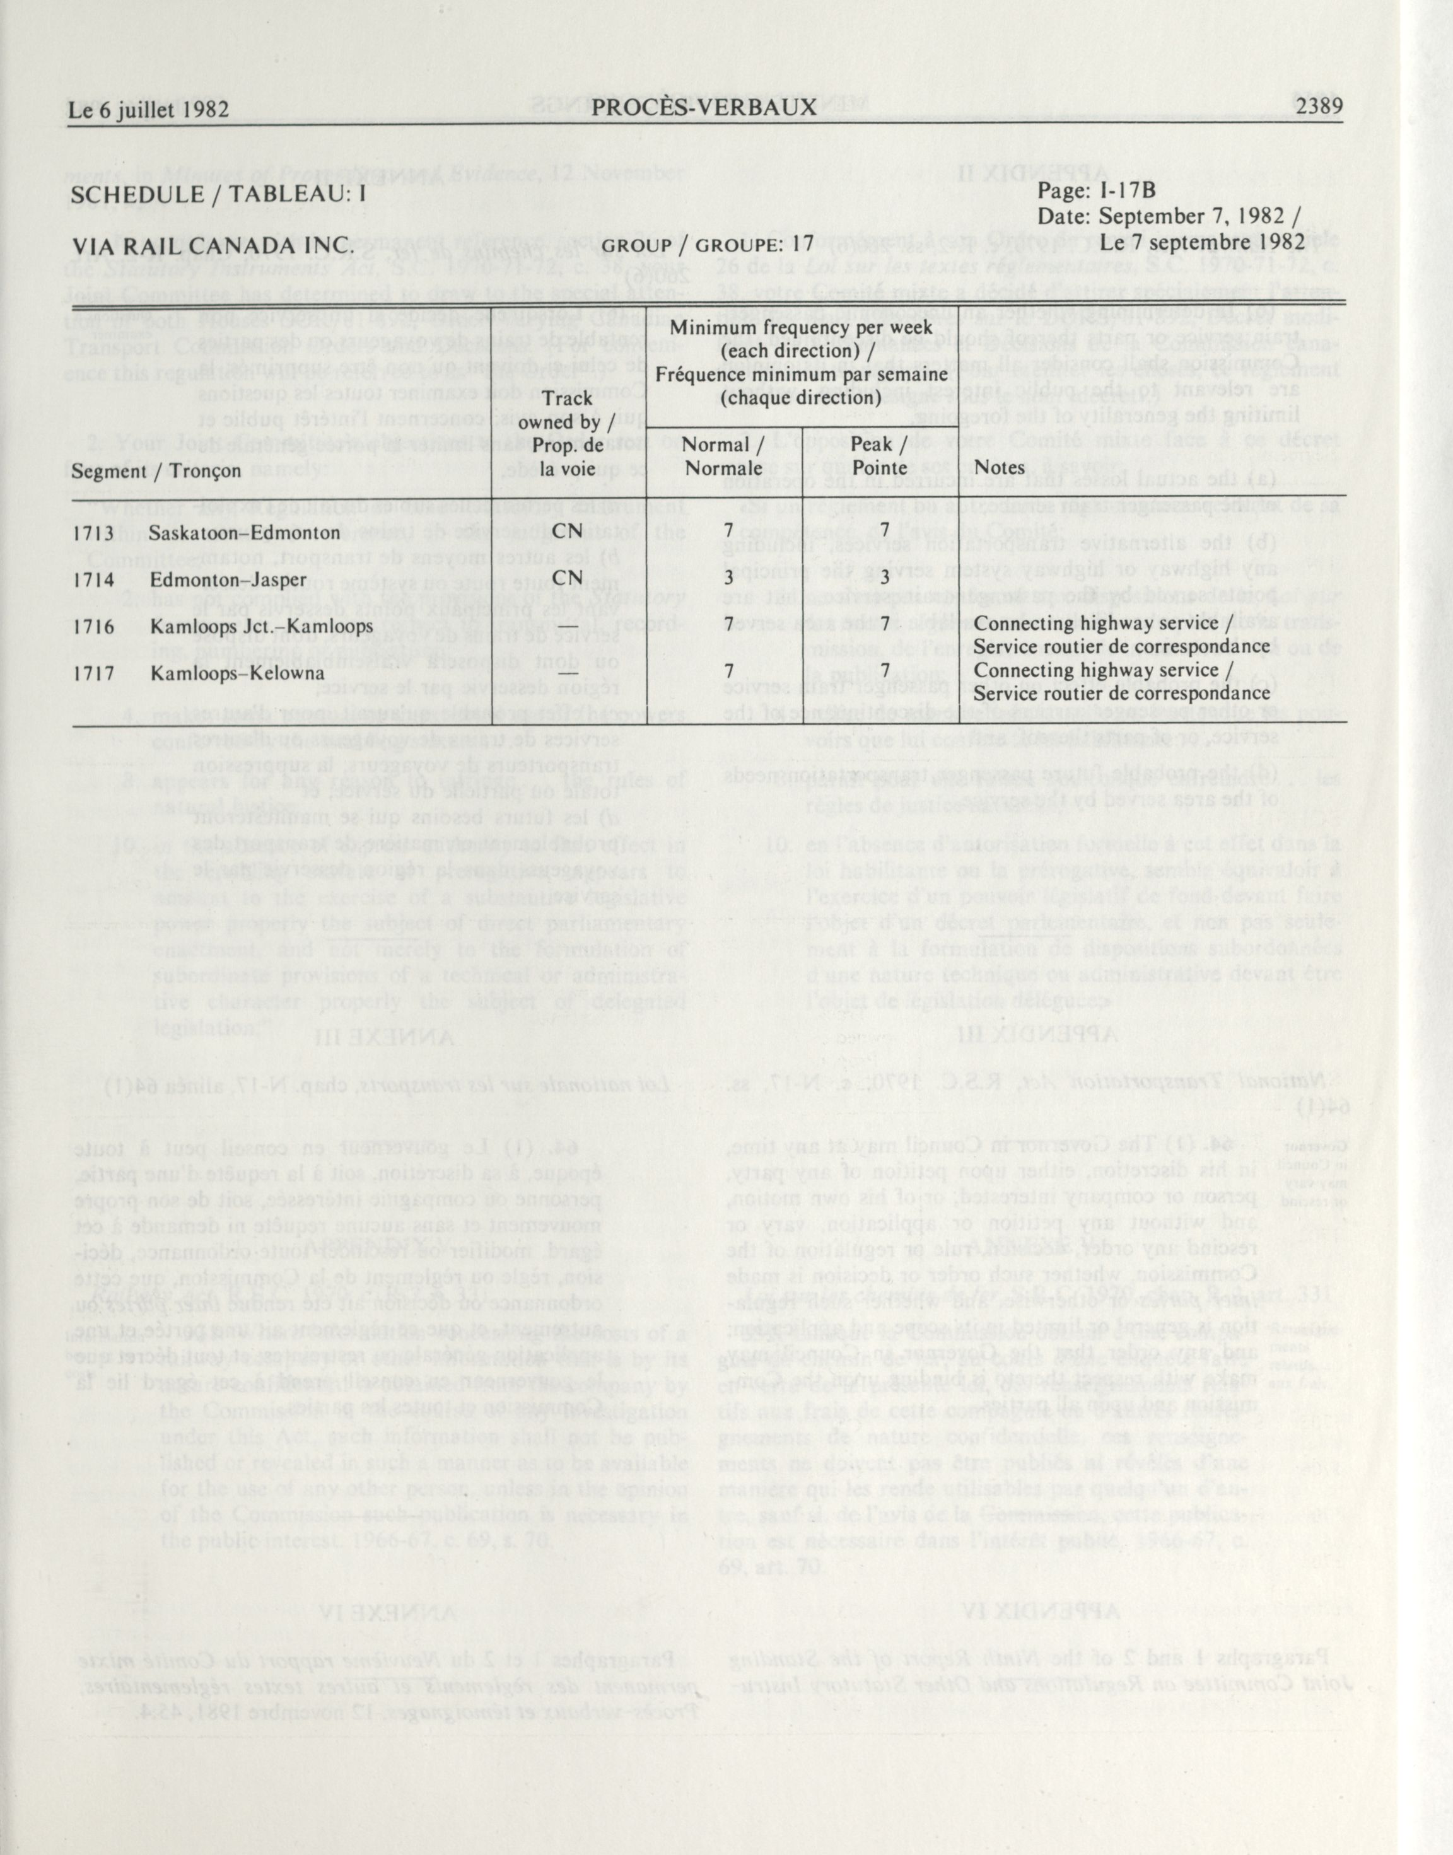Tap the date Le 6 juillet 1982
[149, 110]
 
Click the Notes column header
[1000, 467]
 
